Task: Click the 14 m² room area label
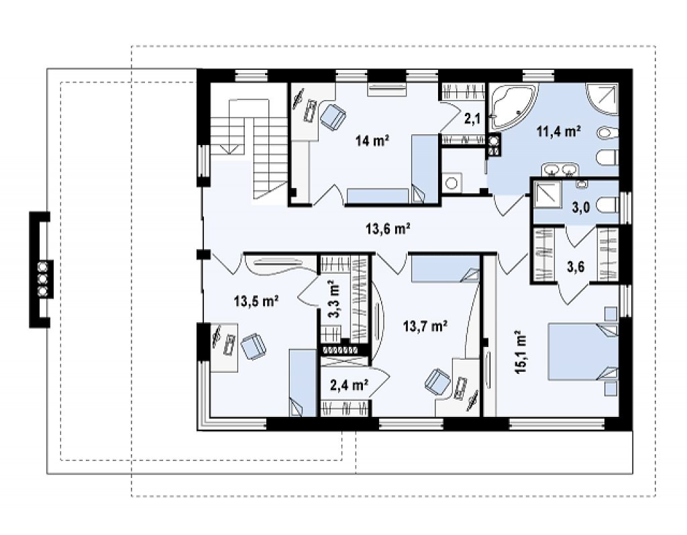pos(372,141)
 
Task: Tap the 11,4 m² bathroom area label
pos(559,131)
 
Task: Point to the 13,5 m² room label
pos(257,301)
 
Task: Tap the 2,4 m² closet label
pos(349,385)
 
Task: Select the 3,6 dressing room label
pos(576,266)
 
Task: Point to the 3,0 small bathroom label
pos(581,207)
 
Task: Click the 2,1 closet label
pos(472,118)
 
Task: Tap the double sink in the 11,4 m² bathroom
pos(560,170)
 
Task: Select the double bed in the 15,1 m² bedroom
pos(583,352)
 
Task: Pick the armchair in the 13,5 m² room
pos(253,346)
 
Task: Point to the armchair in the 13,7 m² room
pos(437,381)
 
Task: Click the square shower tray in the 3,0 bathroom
pos(547,194)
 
